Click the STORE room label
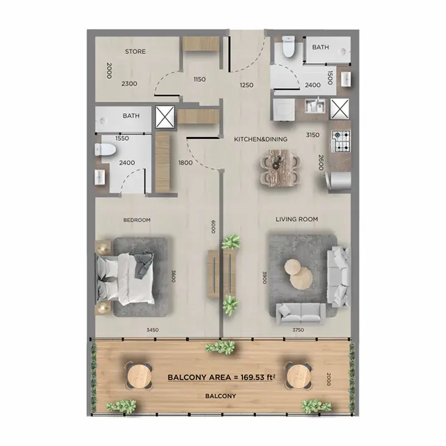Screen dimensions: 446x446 [135, 51]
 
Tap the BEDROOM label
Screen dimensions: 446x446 [137, 220]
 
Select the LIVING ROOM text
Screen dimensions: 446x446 [297, 219]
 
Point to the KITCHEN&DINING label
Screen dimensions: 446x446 [260, 139]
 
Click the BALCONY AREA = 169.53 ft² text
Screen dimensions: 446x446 [221, 377]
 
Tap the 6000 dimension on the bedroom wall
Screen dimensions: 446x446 [214, 226]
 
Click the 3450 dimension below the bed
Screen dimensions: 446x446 [152, 330]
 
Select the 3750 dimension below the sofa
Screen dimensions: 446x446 [298, 330]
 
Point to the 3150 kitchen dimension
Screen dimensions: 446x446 [313, 135]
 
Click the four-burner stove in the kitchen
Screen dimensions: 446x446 [341, 141]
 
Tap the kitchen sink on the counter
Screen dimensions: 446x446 [314, 105]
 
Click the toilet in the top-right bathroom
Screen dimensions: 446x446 [289, 47]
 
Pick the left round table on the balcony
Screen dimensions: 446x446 [139, 376]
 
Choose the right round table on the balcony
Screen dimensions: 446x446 [299, 376]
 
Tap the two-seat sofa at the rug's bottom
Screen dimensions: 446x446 [301, 313]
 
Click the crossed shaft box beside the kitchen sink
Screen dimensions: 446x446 [340, 109]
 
